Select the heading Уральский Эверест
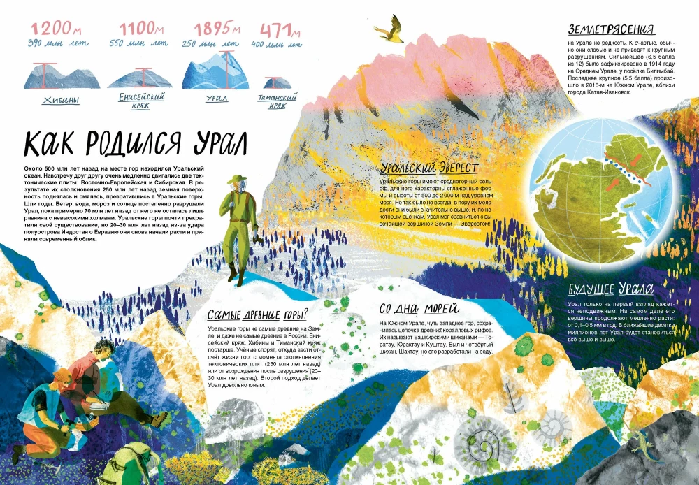(x=429, y=168)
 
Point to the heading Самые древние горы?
(x=257, y=314)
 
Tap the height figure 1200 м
(x=52, y=29)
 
